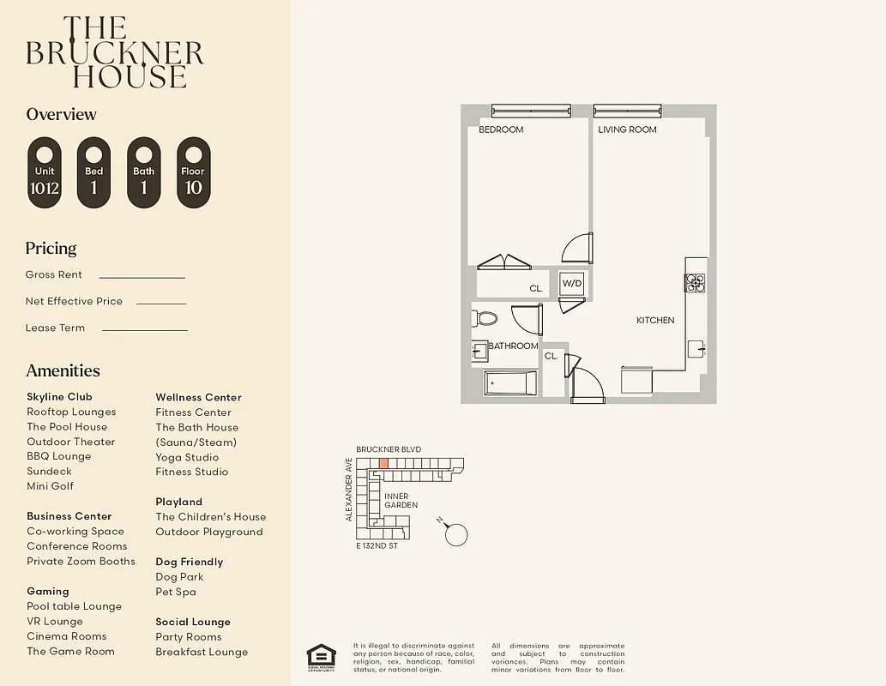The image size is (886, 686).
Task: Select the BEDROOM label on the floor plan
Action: tap(501, 129)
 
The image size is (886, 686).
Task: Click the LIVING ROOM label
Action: tap(627, 129)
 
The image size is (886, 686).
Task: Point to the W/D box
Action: tap(571, 283)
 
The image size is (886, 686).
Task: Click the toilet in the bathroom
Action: tap(485, 319)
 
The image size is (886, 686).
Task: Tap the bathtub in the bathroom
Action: tap(510, 382)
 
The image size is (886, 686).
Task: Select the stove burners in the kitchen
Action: tap(694, 283)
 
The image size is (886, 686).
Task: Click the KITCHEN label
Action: tap(654, 320)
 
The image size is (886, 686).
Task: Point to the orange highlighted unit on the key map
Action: tap(383, 463)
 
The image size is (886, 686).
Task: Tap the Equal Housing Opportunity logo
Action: tap(321, 656)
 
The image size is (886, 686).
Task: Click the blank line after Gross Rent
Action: tap(142, 277)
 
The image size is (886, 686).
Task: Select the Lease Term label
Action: tap(55, 328)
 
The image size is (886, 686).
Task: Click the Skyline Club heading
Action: tap(59, 397)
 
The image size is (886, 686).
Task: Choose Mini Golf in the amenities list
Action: tap(50, 486)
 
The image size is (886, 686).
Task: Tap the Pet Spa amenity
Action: tap(176, 592)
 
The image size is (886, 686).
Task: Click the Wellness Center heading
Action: tap(198, 397)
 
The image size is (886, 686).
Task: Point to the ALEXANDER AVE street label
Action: tap(349, 489)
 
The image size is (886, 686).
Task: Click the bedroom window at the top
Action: tap(531, 110)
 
